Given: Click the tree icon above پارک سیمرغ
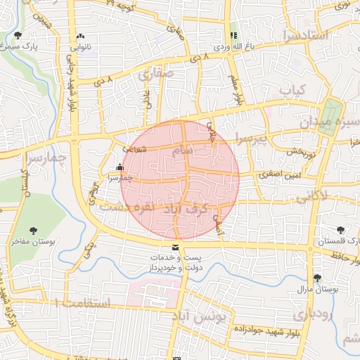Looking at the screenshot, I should point(18,34).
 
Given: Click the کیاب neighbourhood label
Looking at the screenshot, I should point(293,91).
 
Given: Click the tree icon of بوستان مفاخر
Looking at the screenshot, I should point(33,231).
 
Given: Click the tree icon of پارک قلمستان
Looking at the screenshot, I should point(341,229).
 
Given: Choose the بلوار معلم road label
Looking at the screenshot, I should point(236,88).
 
